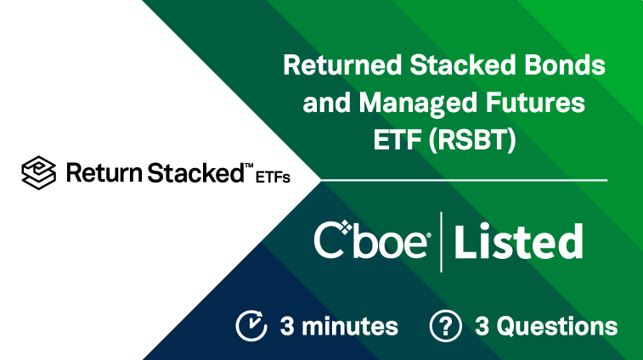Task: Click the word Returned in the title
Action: coord(342,65)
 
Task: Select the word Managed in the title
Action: coord(418,104)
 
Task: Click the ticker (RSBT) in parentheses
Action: coord(472,140)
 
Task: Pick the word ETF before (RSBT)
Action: coord(397,140)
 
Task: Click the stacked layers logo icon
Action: coord(39,172)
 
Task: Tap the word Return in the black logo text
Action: coord(104,172)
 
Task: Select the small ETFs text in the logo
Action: coord(273,177)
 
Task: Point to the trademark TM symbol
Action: coord(249,166)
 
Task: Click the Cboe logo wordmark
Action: coord(372,240)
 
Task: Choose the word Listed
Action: coord(519,241)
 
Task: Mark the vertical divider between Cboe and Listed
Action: coord(441,242)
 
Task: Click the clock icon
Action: coord(251,326)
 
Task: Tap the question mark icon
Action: coord(445,326)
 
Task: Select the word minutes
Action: coord(350,326)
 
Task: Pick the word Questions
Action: coord(557,326)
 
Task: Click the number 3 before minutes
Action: coord(287,326)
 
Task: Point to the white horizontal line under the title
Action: coord(464,180)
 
